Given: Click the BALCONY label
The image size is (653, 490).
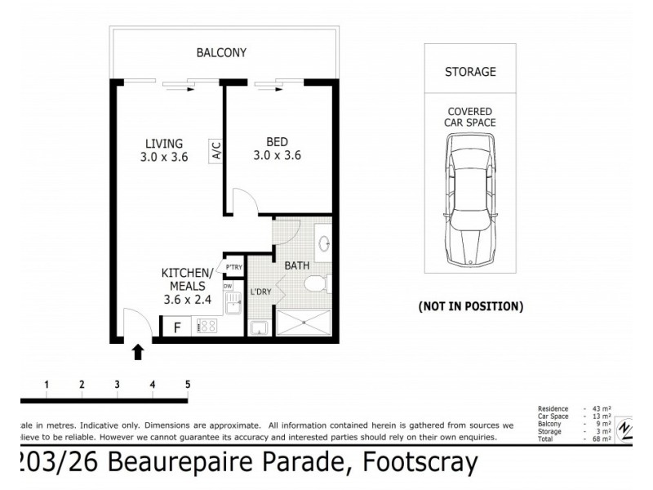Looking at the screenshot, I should point(221,53).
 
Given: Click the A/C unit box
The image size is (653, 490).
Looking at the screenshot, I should point(216,150).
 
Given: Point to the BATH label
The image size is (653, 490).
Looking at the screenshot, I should point(296,265).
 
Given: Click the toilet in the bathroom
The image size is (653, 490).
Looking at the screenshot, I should point(316,284).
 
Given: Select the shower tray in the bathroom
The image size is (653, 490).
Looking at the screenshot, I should point(304,324).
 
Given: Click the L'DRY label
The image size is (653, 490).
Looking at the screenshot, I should point(260,292).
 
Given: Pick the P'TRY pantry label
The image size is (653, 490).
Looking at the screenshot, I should point(233,268).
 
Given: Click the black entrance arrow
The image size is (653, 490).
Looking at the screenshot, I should point(138,351).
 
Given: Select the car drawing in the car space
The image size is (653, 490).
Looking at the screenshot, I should point(470,200).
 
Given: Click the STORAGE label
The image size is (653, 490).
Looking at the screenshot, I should point(469,72).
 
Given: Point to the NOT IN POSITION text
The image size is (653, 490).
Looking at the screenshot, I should point(470,307).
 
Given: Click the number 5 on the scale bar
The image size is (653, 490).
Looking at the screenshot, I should point(188,384).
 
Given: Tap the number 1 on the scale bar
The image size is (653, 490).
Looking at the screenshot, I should point(47,384).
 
